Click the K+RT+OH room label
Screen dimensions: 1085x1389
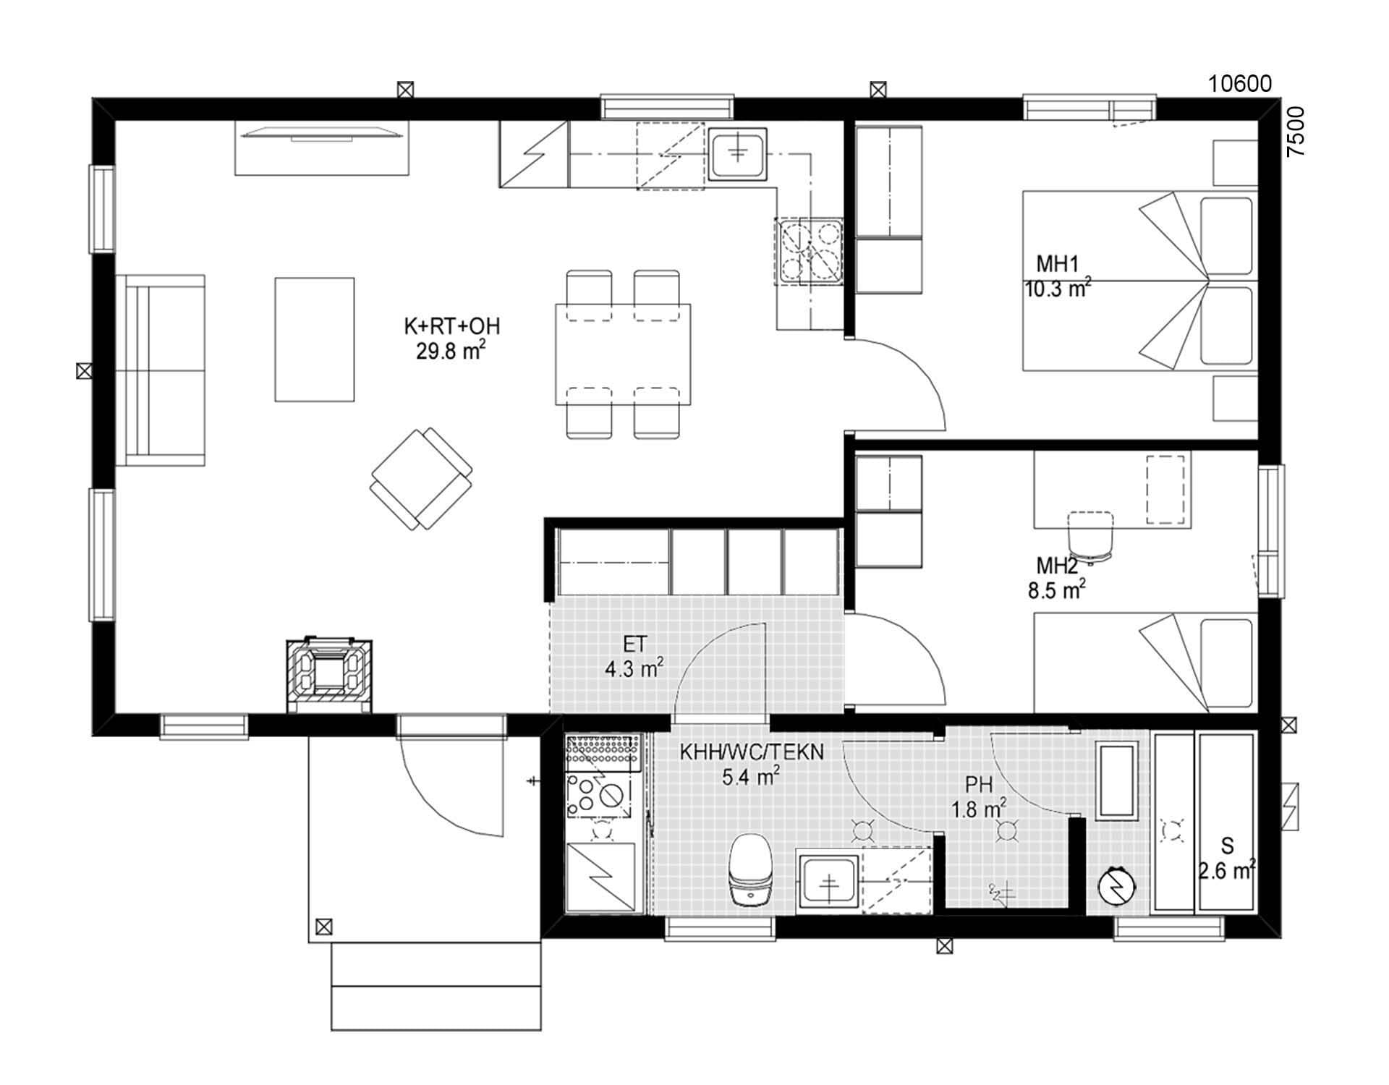451,326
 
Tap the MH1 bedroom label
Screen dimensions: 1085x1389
1057,264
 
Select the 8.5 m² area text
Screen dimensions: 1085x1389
1056,591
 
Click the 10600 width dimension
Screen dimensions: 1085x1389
1239,85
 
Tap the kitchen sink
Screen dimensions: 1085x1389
736,153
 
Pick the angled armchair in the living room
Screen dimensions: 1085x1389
421,478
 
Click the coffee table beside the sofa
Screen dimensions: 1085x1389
314,339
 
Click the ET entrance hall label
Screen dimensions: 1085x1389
634,644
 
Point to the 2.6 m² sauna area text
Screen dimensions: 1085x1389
1226,872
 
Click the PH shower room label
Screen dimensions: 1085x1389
977,785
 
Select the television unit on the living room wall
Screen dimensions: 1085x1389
322,148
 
